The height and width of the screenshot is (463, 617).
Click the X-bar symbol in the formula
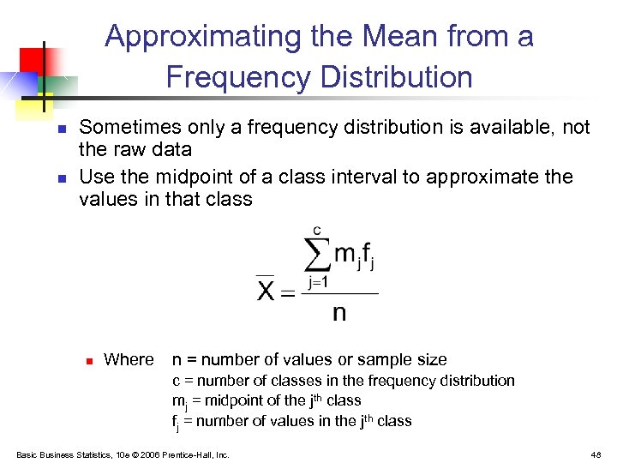267,290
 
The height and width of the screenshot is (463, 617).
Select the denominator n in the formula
339,311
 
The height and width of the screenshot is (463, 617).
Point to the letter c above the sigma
317,230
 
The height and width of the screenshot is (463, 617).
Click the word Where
129,360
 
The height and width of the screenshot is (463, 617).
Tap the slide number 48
596,454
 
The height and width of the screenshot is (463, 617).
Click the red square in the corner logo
32,59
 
